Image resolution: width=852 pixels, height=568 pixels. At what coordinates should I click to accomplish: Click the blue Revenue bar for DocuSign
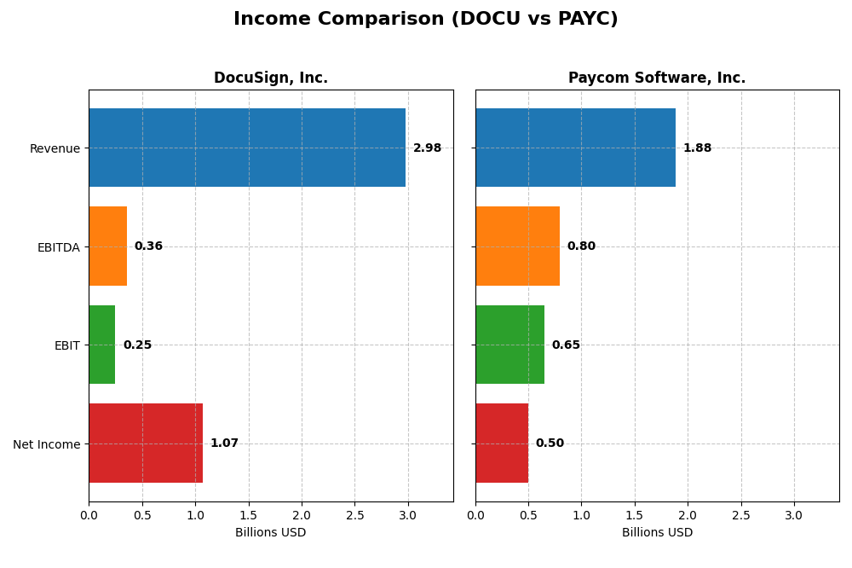(x=247, y=148)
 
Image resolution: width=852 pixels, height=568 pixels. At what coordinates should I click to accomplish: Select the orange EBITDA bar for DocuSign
(x=108, y=246)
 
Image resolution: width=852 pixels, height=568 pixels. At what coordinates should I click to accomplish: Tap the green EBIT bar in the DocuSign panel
(x=102, y=345)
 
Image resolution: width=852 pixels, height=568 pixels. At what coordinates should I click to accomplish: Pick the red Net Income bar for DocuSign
(x=146, y=443)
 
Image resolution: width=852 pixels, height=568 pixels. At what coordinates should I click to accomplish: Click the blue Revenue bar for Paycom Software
(x=575, y=148)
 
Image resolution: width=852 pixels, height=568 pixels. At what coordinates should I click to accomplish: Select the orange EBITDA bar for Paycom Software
(x=517, y=246)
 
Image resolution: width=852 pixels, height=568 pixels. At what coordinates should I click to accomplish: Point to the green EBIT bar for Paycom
(x=509, y=345)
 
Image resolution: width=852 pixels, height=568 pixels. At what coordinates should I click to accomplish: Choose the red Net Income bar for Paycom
(x=502, y=443)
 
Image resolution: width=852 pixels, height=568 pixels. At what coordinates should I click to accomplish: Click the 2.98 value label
(x=427, y=148)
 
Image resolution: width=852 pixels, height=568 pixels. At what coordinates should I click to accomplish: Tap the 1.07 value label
(x=224, y=443)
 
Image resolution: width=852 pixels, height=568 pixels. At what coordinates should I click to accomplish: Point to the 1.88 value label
(x=697, y=148)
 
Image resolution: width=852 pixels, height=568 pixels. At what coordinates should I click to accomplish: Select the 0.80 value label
(x=581, y=246)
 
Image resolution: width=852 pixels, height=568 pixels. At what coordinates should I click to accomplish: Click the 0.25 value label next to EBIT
(x=137, y=345)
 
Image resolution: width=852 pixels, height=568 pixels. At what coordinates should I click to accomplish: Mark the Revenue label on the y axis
(x=55, y=149)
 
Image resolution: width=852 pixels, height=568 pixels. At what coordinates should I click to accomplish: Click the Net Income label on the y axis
(x=46, y=444)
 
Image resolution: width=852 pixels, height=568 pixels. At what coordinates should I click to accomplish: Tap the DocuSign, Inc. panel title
(x=271, y=78)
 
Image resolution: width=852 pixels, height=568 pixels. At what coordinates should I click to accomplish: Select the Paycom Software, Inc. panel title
(x=657, y=78)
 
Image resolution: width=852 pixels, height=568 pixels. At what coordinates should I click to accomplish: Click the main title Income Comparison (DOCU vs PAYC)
(x=426, y=20)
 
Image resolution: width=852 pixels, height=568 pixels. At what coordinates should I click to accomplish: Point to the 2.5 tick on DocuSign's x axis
(x=355, y=515)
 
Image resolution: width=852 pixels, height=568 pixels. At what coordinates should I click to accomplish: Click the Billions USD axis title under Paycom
(x=657, y=533)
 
